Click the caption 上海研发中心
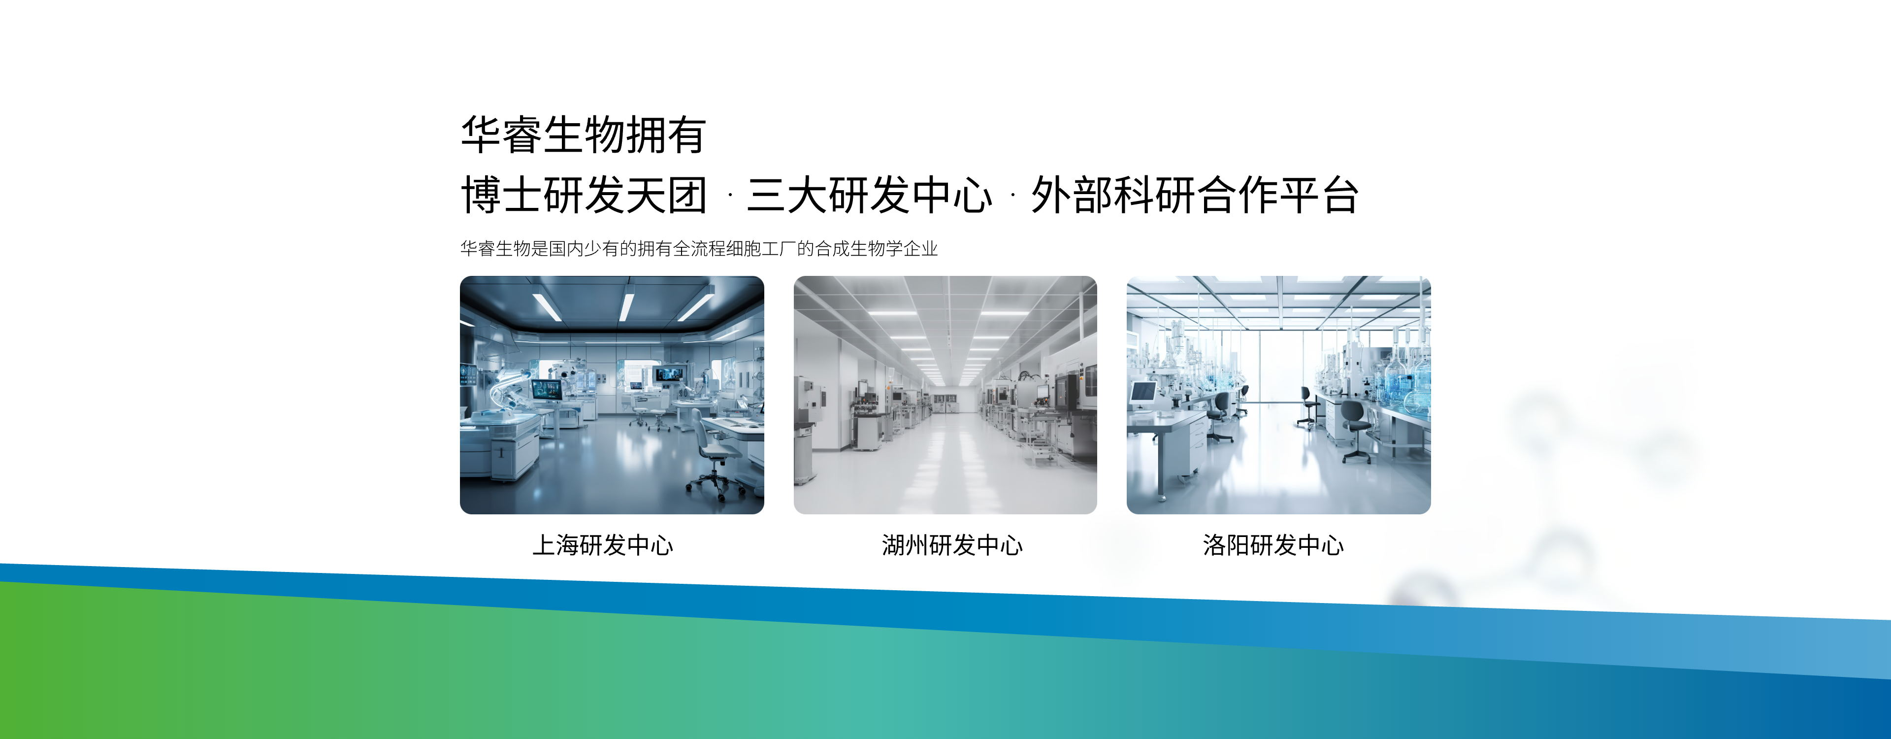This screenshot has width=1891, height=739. pos(603,545)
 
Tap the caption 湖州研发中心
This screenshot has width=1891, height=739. pos(952,545)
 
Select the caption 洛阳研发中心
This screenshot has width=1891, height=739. pos(1273,545)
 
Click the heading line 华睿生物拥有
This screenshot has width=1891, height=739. pos(584,135)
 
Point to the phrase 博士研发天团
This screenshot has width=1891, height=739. pos(585,196)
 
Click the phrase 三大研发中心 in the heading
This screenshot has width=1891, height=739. pos(870,196)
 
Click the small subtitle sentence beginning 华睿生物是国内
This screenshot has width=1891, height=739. pos(699,249)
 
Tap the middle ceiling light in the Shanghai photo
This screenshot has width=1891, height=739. pos(626,307)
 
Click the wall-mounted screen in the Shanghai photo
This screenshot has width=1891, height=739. pos(668,374)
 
